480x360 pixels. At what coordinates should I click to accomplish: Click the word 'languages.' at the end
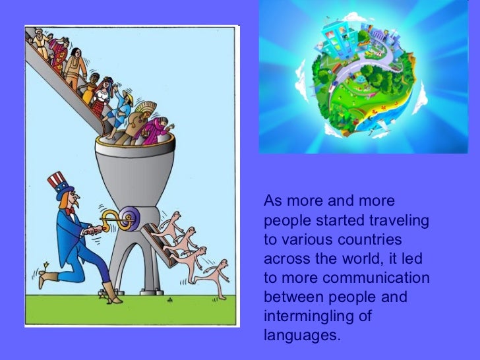pos(303,336)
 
